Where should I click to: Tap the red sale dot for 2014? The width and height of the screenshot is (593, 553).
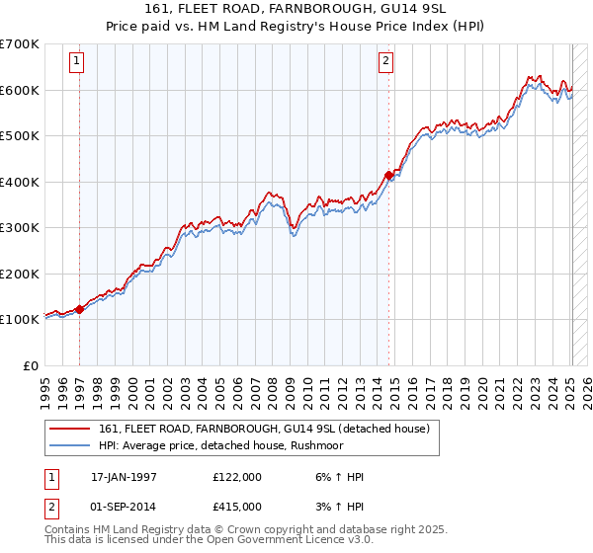pos(388,175)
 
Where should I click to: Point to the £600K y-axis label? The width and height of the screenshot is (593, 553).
pos(20,90)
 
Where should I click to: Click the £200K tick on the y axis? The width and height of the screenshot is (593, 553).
pos(20,274)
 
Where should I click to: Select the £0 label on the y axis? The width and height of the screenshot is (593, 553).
pos(30,365)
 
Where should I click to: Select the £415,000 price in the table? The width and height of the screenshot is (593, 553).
pos(238,506)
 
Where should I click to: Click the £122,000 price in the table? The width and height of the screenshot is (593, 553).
pos(238,477)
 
